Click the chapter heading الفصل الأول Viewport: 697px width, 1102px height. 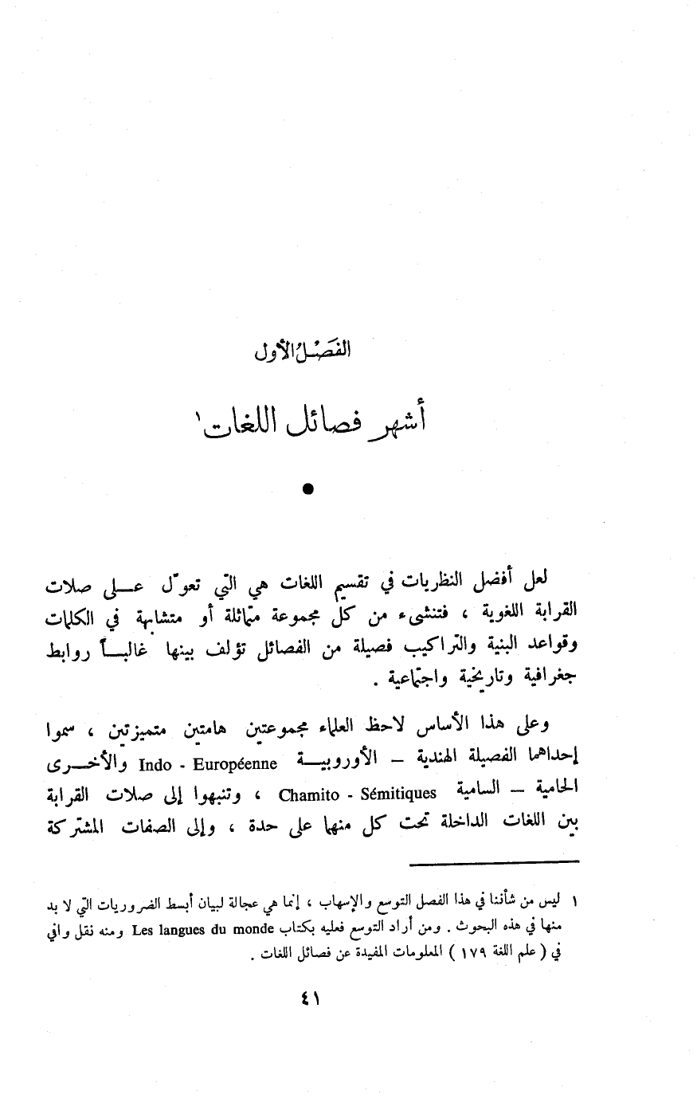pos(307,351)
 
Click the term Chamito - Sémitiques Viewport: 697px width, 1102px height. pos(358,794)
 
